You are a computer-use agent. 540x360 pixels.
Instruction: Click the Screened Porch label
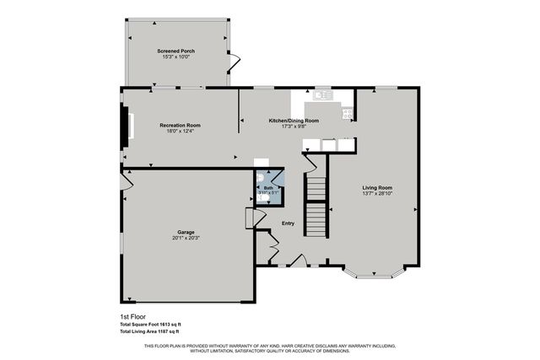(x=175, y=51)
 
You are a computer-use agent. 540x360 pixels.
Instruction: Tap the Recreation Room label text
(x=180, y=126)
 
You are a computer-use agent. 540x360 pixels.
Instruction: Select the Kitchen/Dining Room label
(x=294, y=121)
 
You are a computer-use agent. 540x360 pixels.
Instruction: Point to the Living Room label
(x=377, y=187)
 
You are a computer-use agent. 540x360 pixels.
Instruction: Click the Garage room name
(x=186, y=232)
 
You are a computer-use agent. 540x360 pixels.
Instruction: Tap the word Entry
(x=288, y=223)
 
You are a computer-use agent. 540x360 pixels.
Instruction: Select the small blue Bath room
(x=269, y=190)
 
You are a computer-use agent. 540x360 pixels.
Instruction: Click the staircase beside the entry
(x=315, y=207)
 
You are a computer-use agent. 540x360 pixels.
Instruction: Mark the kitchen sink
(x=323, y=94)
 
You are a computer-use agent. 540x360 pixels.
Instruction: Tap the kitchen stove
(x=346, y=112)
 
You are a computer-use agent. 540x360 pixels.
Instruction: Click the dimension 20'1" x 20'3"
(x=186, y=239)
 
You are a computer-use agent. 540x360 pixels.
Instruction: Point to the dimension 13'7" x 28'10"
(x=377, y=194)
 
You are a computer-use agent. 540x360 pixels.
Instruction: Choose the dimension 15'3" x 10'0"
(x=175, y=57)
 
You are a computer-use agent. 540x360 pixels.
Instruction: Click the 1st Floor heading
(x=133, y=316)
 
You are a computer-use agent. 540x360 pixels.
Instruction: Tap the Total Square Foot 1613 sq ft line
(x=151, y=325)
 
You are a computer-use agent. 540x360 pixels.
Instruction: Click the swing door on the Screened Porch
(x=235, y=61)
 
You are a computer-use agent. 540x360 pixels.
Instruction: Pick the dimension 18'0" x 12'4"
(x=180, y=132)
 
